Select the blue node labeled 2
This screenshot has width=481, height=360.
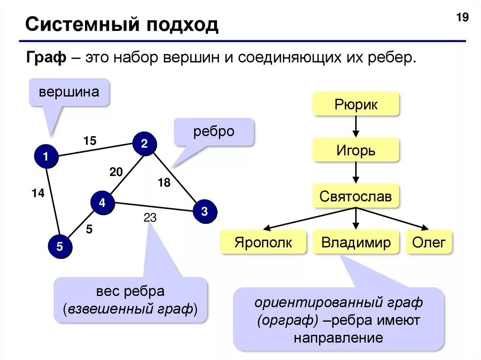point(144,144)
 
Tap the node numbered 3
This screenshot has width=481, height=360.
point(204,211)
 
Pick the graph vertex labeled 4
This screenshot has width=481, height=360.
point(102,203)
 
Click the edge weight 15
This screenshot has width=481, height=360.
point(90,140)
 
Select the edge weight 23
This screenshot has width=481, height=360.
point(150,218)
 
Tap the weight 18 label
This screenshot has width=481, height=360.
point(164,183)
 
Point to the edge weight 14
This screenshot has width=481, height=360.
point(38,192)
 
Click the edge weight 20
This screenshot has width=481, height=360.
point(116,172)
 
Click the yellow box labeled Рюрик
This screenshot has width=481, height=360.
point(356,104)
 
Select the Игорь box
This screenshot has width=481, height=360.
point(356,151)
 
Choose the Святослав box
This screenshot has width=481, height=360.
point(356,196)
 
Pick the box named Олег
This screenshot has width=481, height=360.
point(428,242)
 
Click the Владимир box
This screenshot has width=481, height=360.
point(356,242)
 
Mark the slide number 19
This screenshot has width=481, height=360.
point(462,18)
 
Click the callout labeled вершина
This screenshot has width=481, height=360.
point(69,92)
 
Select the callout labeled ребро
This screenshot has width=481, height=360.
point(214,131)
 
